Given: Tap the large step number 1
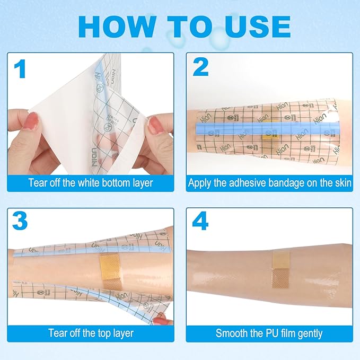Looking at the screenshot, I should coord(20,69).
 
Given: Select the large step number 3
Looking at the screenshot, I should coord(20,221).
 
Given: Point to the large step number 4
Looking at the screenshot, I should coord(200,222).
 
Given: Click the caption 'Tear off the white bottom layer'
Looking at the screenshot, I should coord(90,183).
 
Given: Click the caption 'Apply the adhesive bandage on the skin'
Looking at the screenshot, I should coord(269,183).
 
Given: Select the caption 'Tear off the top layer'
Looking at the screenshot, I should coord(90,333).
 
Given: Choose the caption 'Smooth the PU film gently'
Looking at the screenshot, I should coord(269,333).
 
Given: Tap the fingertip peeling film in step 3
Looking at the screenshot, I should coord(163,320).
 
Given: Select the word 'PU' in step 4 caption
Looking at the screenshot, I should coord(269,333).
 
